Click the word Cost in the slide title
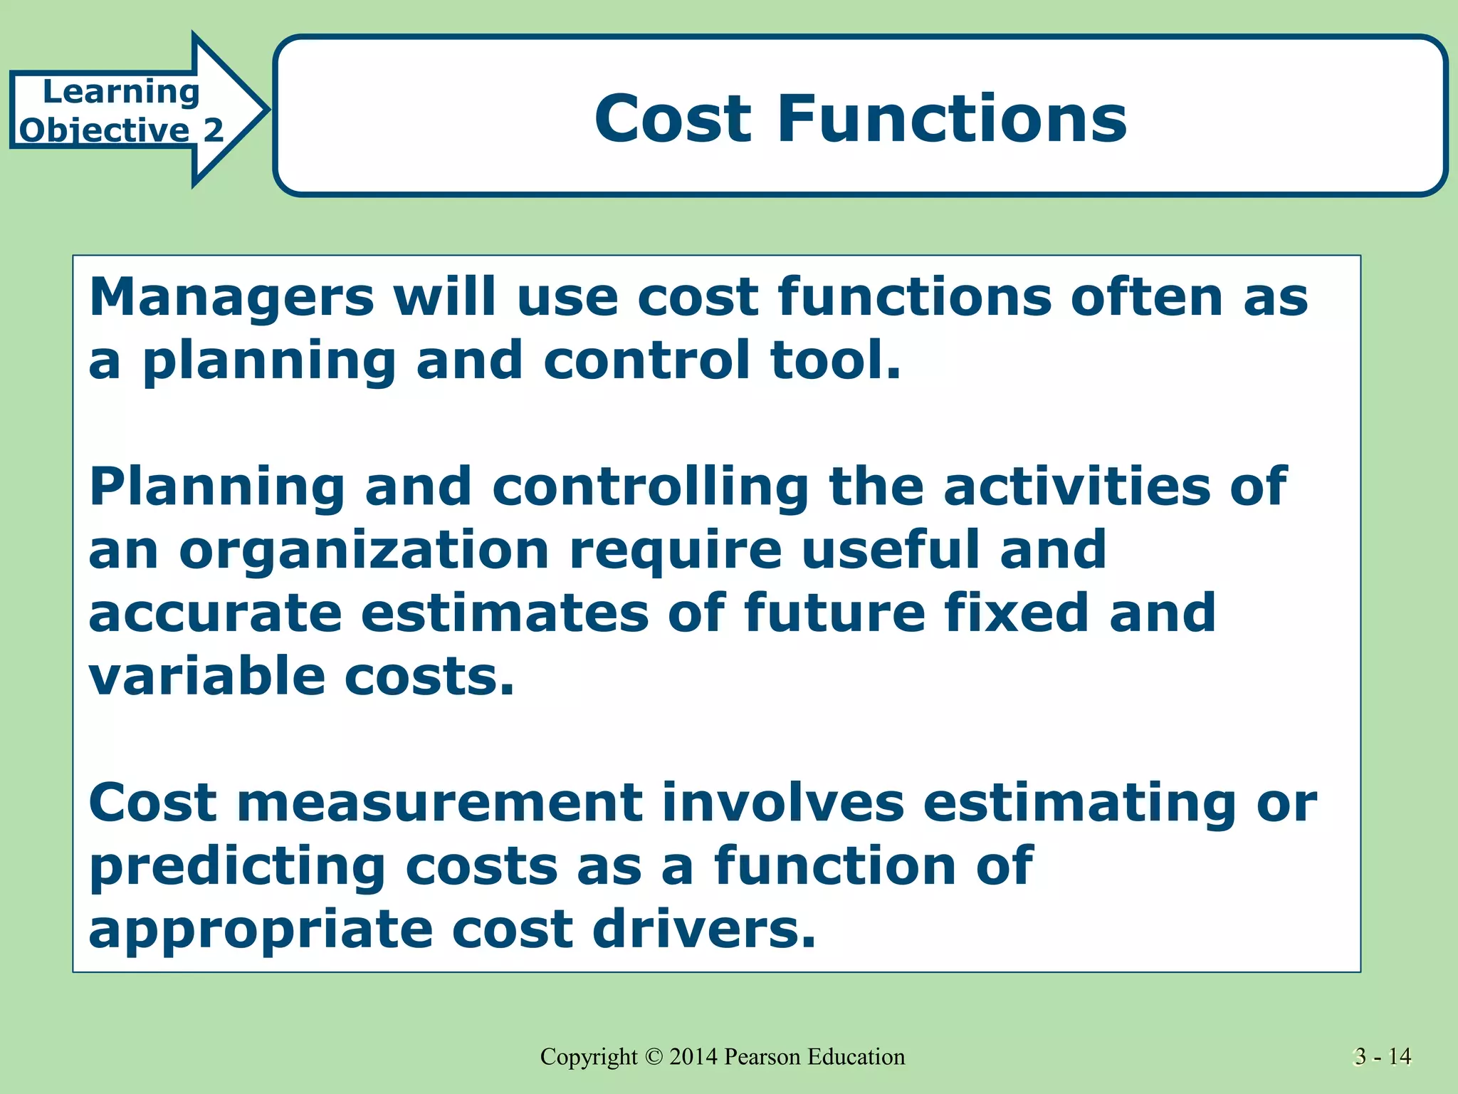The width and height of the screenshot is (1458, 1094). click(x=673, y=118)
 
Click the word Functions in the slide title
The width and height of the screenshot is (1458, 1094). click(x=952, y=118)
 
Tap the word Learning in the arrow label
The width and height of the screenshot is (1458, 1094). click(x=121, y=92)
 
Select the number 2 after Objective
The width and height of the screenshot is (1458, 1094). click(x=214, y=130)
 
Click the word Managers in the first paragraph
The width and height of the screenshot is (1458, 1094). click(x=231, y=298)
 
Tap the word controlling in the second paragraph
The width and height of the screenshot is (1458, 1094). click(x=650, y=488)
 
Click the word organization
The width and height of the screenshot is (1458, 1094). click(x=364, y=551)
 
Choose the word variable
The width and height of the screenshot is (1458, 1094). click(x=206, y=676)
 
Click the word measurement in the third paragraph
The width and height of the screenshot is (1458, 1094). click(x=439, y=803)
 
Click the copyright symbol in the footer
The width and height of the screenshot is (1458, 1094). click(x=654, y=1057)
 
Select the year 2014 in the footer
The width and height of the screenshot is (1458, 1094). click(x=693, y=1057)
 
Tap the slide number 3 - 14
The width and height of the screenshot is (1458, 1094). click(x=1383, y=1057)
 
